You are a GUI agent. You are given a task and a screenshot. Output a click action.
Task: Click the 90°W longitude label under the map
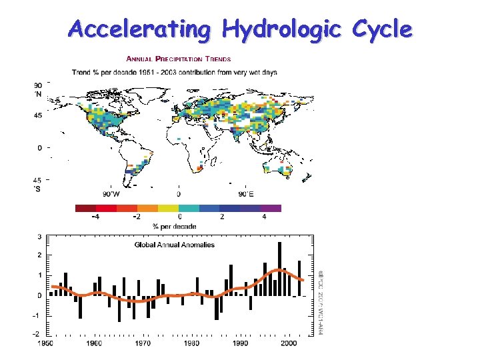111,194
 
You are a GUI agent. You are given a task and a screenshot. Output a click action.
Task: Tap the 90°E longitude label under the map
245,194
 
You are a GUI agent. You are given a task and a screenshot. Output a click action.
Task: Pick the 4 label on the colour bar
263,217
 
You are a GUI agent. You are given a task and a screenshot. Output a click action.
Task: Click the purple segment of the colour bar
271,208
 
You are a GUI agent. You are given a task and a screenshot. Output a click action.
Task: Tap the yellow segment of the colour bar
168,208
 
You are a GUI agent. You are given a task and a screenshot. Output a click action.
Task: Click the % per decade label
175,227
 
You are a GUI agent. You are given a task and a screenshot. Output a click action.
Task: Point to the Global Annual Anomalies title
175,245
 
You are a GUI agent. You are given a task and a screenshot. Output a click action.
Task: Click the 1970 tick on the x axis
142,343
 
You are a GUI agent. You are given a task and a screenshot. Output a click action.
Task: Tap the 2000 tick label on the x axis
289,343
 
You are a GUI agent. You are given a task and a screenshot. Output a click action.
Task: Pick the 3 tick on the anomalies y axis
39,237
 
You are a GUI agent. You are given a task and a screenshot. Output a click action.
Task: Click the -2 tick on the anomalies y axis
38,333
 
